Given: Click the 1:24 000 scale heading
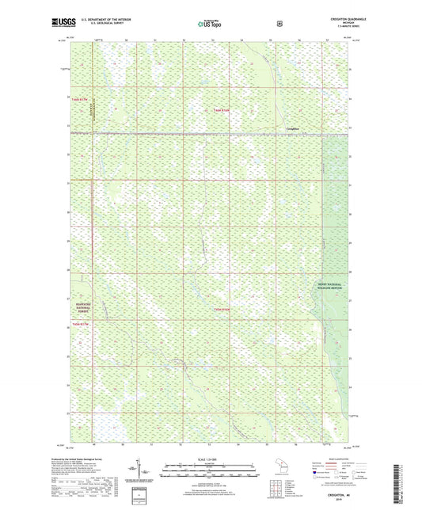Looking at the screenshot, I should tap(210, 460).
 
